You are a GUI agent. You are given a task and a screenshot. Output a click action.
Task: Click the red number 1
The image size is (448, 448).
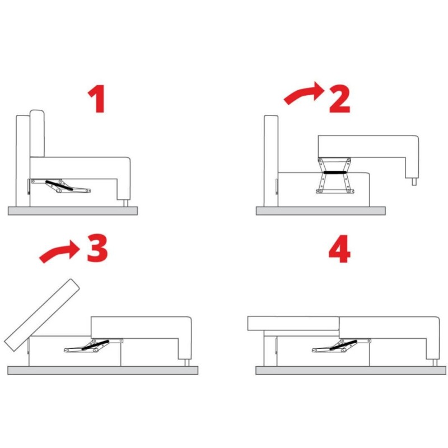pyautogui.click(x=97, y=99)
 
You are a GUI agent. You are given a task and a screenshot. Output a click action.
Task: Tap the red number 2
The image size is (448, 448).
pyautogui.click(x=339, y=99)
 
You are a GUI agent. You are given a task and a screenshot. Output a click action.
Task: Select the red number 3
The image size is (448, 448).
pyautogui.click(x=97, y=248)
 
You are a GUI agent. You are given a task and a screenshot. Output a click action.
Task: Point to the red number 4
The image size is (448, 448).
pyautogui.click(x=339, y=249)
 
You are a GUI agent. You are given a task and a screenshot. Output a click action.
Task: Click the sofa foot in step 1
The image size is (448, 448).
pyautogui.click(x=125, y=203)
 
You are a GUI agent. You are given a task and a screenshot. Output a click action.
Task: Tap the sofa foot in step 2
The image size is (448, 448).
pyautogui.click(x=414, y=181)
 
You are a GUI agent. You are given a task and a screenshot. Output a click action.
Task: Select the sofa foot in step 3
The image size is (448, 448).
pyautogui.click(x=187, y=362)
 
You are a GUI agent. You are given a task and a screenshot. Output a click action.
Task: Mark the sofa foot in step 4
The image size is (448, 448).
pyautogui.click(x=435, y=363)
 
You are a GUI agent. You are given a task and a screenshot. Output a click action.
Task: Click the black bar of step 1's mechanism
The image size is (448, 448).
pyautogui.click(x=59, y=186)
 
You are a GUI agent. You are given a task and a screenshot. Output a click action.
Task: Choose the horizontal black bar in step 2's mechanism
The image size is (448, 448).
pyautogui.click(x=335, y=172)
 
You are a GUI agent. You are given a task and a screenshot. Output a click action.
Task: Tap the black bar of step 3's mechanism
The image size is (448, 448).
pyautogui.click(x=95, y=345)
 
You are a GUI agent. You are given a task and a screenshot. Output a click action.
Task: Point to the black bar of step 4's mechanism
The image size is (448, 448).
pyautogui.click(x=343, y=345)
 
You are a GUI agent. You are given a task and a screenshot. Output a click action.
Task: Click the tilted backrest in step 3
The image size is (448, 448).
pyautogui.click(x=42, y=315)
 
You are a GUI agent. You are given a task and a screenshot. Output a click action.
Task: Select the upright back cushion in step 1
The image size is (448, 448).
pyautogui.click(x=37, y=133)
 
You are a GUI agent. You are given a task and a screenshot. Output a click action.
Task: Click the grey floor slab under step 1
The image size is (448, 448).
pyautogui.click(x=73, y=211)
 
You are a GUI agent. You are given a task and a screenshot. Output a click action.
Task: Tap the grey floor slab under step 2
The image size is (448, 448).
pyautogui.click(x=320, y=211)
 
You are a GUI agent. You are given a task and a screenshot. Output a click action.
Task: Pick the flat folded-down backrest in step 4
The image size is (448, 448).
pyautogui.click(x=293, y=324)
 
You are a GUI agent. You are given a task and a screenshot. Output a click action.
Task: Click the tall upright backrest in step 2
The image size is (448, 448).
pyautogui.click(x=271, y=161)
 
